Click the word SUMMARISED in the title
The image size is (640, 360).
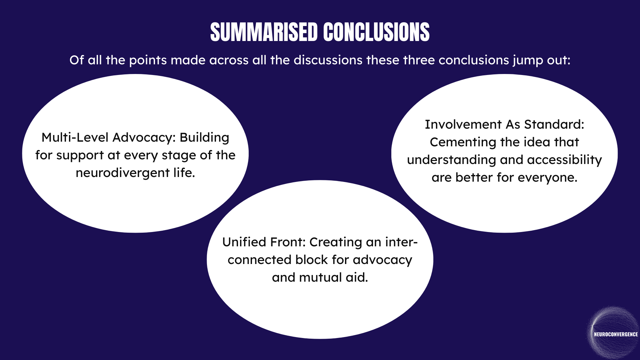coord(264,33)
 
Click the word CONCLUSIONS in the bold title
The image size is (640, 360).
coord(376,33)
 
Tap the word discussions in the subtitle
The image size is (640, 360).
coord(328,60)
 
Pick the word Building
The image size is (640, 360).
coord(204,138)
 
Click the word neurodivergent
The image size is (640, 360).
coord(123,173)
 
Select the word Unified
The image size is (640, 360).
coord(244,242)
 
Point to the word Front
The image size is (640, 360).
coord(288,242)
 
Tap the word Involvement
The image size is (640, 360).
coord(463,125)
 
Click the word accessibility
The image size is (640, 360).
coord(564,160)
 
